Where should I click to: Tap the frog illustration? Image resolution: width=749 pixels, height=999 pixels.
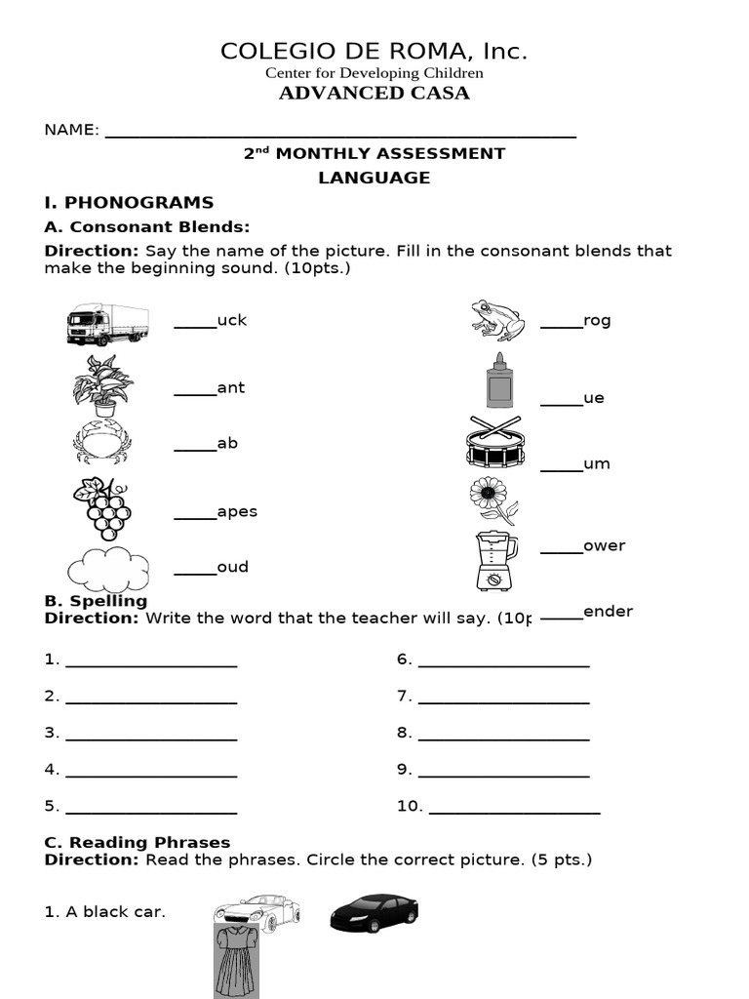pos(497,319)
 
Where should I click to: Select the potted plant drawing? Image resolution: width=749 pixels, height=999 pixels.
pos(103,385)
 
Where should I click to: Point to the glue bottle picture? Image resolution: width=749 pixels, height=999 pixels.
pos(498,380)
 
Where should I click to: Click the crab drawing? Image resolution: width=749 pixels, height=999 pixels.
pos(101,442)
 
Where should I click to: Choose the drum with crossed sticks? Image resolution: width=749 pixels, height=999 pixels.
pos(495,443)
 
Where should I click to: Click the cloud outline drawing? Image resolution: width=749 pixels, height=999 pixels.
pos(108,571)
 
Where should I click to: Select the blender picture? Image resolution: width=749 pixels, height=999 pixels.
pos(495,560)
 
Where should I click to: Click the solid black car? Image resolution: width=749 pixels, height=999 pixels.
pos(374,912)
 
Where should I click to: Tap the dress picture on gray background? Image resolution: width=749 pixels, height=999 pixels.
pos(236,961)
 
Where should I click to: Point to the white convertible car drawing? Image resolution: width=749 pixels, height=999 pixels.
pos(257,910)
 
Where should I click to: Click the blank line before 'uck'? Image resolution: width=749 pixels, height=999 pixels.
pos(195,328)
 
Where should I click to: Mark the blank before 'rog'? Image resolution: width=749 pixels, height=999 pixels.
pos(561,328)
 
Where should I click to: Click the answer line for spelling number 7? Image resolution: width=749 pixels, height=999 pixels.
pos(503,702)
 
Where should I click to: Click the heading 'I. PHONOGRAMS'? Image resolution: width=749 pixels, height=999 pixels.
pos(129,203)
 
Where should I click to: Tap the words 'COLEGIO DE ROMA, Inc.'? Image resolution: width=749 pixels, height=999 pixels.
pos(374,51)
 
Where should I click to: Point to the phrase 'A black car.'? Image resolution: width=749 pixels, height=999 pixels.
pos(105,912)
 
